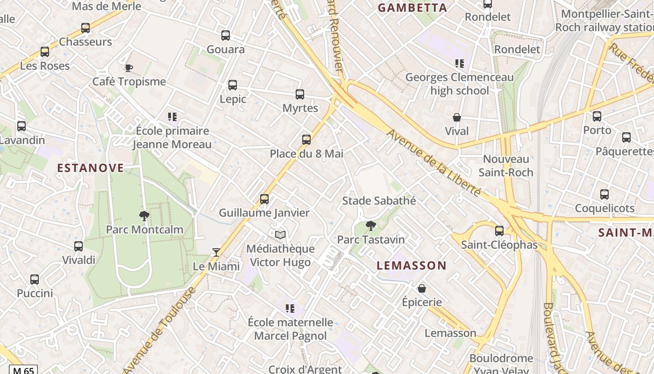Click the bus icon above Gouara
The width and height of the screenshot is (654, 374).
coord(226,36)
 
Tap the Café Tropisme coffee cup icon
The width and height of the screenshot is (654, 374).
coord(129,68)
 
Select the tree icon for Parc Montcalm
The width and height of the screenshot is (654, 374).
coord(144,216)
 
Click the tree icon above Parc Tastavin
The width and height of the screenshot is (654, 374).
coord(371,226)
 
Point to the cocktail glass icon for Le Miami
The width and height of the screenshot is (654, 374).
coord(216,252)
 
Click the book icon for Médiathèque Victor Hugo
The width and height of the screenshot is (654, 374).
coord(280,235)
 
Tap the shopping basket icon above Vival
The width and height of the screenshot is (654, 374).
coord(457,117)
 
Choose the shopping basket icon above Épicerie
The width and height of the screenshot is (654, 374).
coord(422,288)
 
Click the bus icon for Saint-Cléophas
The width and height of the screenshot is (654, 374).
coord(499,230)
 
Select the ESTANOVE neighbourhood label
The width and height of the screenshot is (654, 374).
coord(91,168)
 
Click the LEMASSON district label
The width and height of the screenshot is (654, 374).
coord(412,266)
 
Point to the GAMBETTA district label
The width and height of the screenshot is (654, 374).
coord(412,7)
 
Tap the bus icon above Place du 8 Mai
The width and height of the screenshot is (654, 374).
coord(306,139)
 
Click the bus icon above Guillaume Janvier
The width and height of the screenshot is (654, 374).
coord(264,199)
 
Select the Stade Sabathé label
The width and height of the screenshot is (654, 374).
coord(379,201)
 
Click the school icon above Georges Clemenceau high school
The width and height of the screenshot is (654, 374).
coord(460,63)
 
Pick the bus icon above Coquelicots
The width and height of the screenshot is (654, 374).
coord(604,194)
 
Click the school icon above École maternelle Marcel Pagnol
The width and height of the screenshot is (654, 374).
coord(290,308)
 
